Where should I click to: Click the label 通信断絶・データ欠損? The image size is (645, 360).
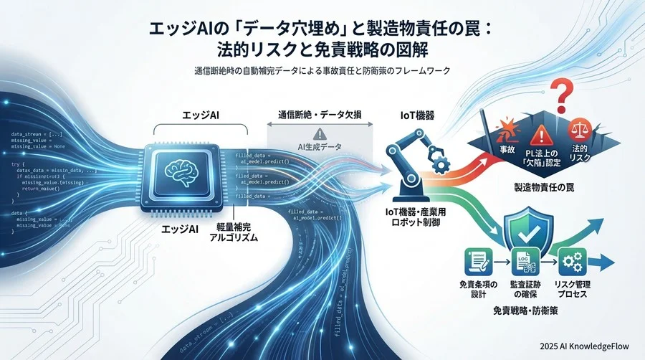(320, 114)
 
